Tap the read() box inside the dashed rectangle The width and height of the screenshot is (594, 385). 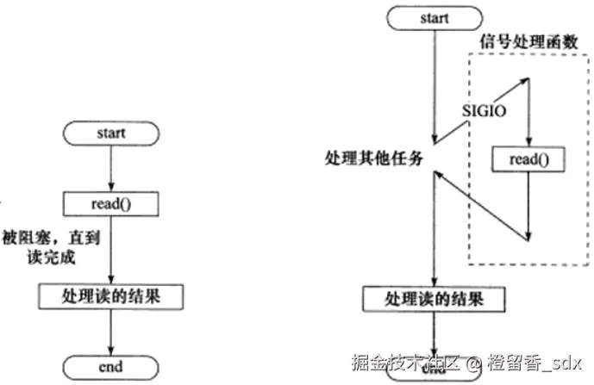[528, 158]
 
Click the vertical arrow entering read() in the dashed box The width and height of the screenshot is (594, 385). [528, 115]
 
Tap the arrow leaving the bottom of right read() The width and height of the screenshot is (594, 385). [528, 203]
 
